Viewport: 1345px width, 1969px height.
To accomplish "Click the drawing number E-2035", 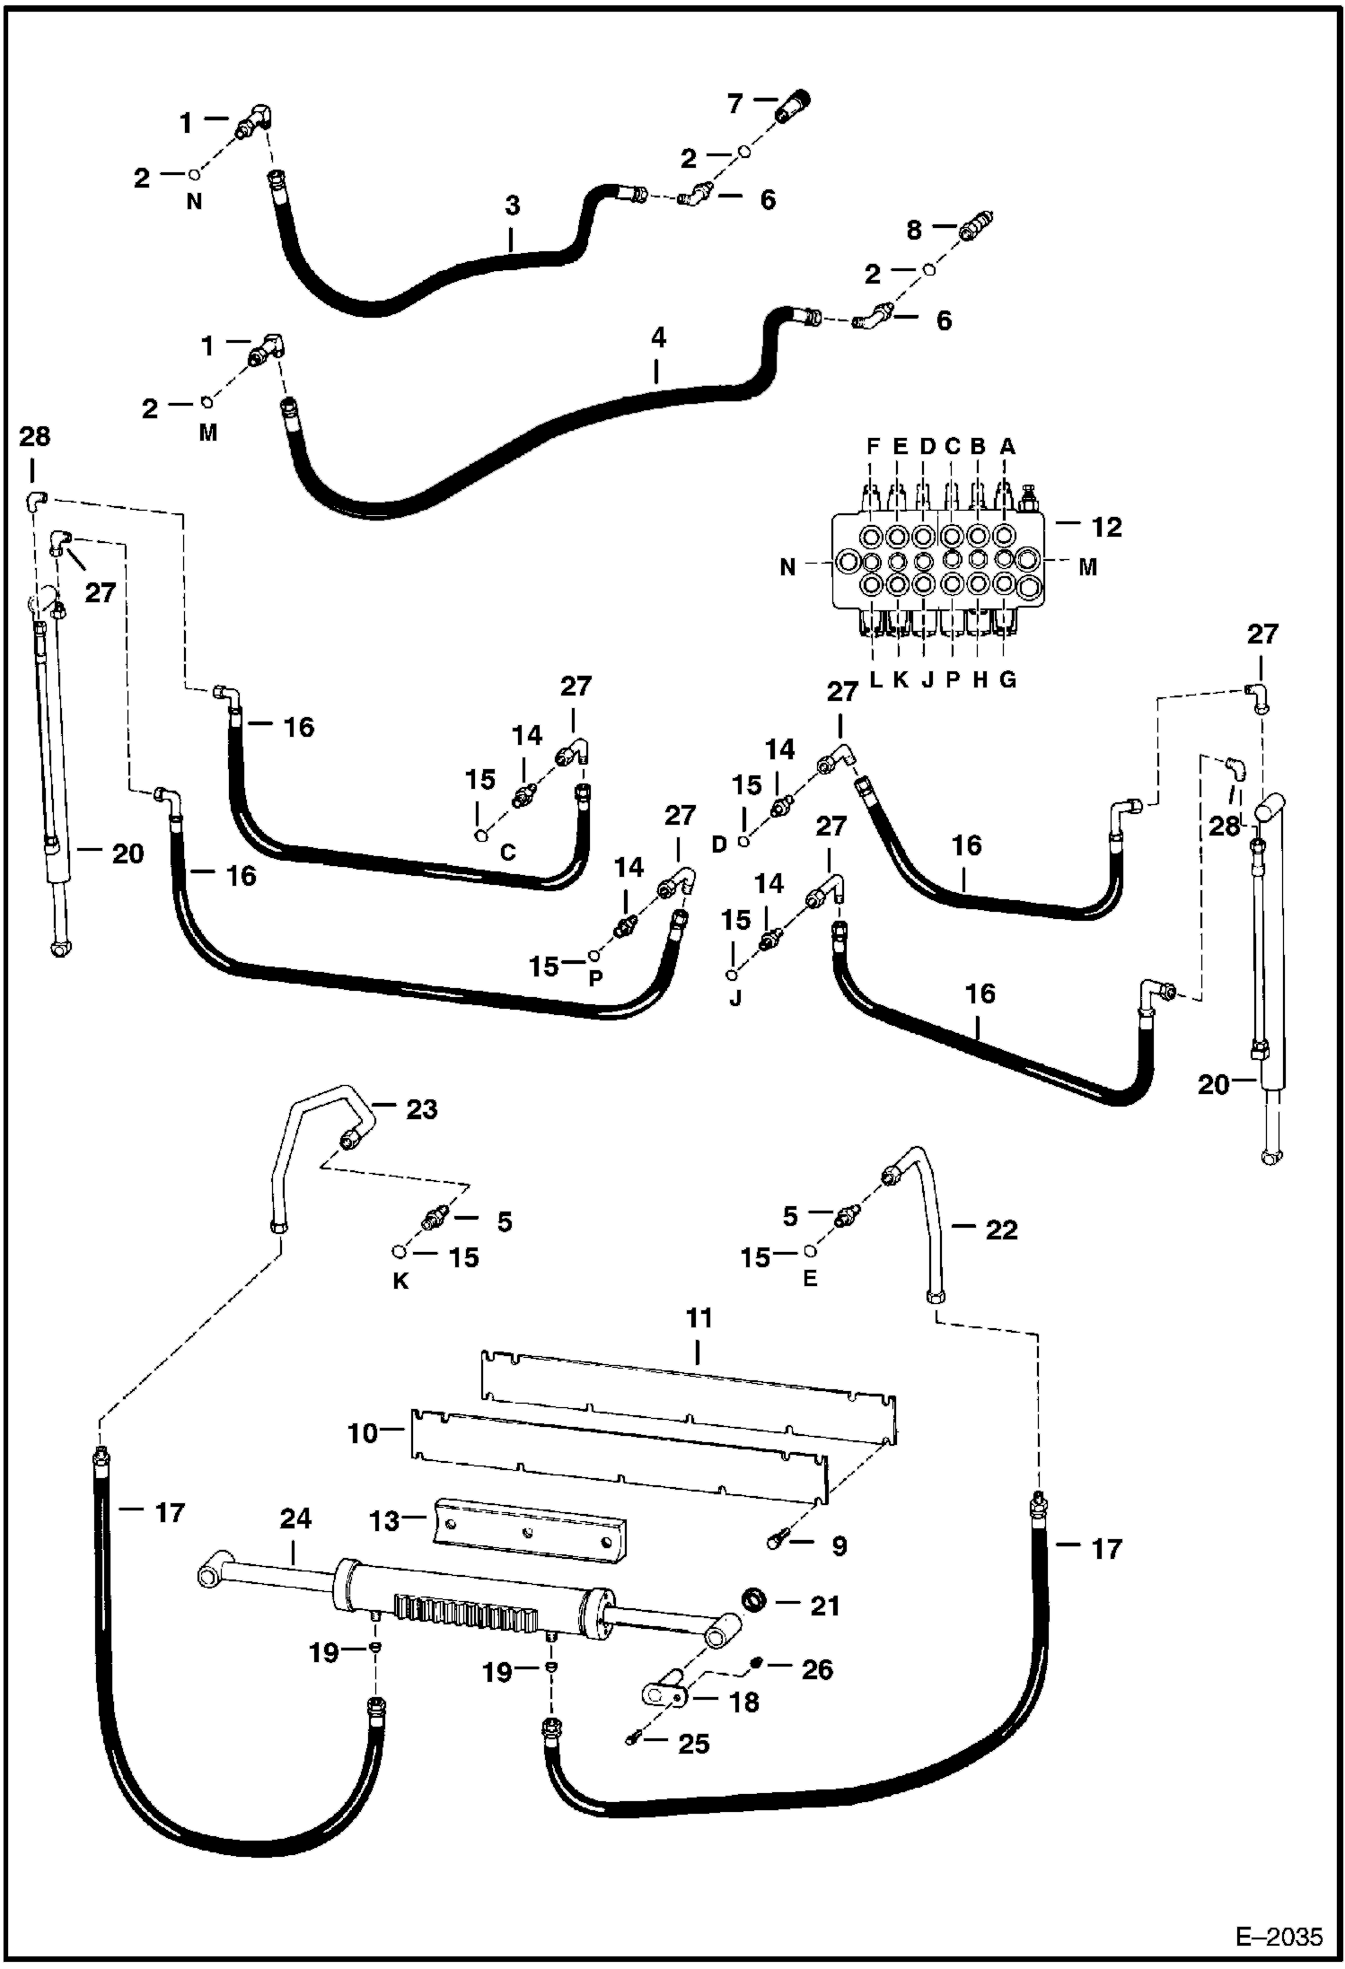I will coord(1279,1936).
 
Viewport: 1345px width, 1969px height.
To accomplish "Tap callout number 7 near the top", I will coord(734,105).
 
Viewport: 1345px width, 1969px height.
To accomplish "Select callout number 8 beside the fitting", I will coord(913,231).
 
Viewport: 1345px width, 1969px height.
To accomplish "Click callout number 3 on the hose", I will coord(512,206).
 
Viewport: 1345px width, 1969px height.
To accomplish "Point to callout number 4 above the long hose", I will coord(658,338).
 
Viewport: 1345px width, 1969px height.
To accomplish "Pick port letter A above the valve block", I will coord(1007,446).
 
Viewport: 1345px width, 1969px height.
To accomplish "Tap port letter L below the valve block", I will coord(876,679).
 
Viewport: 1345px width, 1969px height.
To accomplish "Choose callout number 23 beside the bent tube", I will coord(421,1109).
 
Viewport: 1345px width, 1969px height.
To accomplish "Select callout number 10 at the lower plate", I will coord(364,1433).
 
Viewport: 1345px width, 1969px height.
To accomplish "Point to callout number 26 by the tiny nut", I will coord(817,1669).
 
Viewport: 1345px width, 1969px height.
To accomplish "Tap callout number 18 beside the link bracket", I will coord(744,1702).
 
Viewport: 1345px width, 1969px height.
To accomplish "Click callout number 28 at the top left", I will coord(35,437).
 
